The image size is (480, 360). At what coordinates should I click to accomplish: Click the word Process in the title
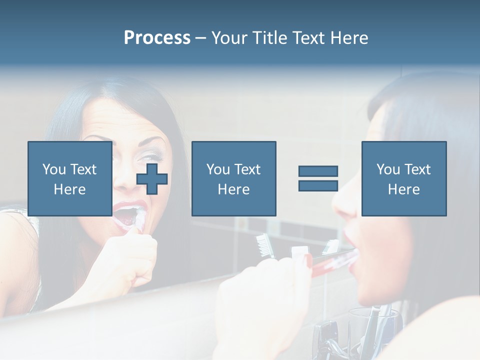[157, 38]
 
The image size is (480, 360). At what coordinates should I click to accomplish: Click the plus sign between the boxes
[152, 179]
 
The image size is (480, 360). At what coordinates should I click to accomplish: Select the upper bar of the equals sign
[318, 171]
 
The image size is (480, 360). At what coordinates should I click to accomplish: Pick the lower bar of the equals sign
[318, 185]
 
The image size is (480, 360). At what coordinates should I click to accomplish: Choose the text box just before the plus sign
[70, 178]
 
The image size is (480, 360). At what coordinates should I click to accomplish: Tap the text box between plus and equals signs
[233, 178]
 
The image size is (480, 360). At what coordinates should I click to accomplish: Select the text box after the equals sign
[403, 178]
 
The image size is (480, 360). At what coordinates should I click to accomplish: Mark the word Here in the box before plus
[69, 189]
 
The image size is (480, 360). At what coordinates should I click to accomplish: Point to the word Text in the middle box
[247, 169]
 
